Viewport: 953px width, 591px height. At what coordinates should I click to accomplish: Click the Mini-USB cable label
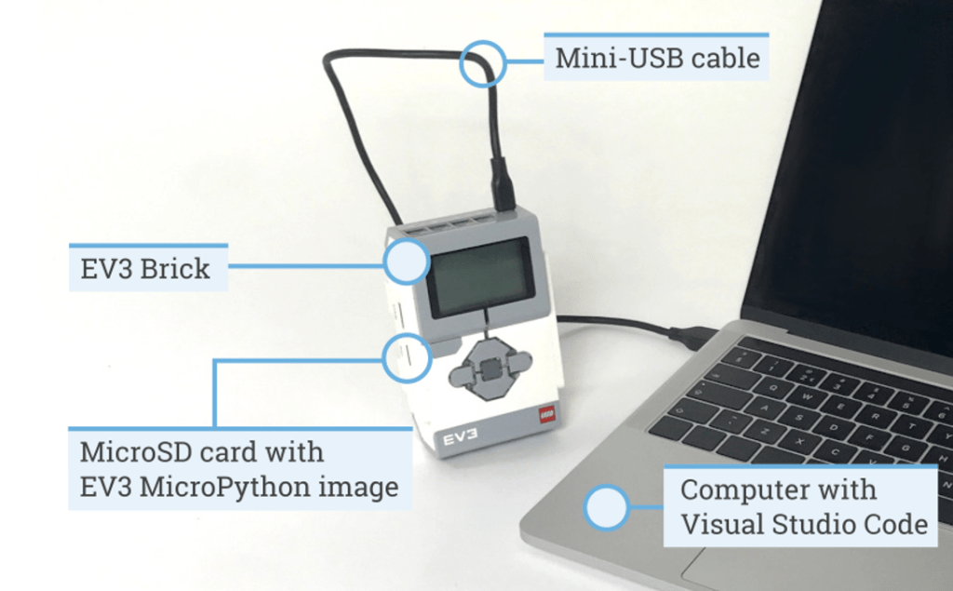pos(657,58)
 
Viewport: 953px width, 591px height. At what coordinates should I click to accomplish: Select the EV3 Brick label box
pos(145,269)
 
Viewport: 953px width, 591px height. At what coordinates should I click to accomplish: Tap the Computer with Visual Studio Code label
pos(802,506)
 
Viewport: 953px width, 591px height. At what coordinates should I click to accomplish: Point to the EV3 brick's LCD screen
pos(479,276)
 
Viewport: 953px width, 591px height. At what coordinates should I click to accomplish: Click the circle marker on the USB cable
pos(483,63)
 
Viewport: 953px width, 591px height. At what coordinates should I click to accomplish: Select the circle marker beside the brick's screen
pos(407,262)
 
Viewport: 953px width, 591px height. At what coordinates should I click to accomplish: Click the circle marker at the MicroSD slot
pos(407,356)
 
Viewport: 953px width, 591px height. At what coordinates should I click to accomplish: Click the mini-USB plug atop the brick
pos(503,185)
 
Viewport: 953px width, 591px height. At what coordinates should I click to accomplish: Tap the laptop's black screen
pos(856,158)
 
